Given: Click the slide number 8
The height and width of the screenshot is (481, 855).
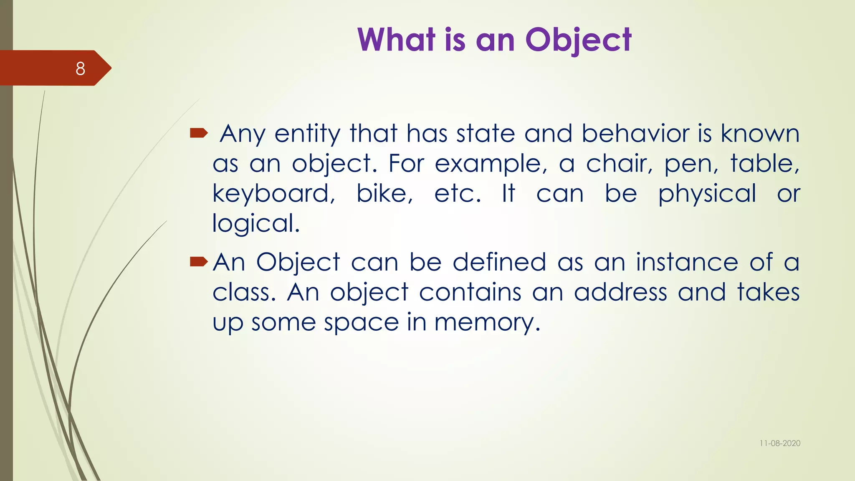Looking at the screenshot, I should pos(80,68).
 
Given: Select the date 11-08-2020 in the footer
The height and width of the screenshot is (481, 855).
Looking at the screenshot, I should pos(780,443).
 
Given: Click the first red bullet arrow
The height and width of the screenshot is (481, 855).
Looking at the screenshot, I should pos(199,133).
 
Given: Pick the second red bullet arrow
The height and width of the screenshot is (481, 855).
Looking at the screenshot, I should pos(199,262).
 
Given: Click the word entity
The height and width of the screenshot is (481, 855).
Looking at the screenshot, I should pos(307,134).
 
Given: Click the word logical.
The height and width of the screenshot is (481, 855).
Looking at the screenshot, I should pos(256,224).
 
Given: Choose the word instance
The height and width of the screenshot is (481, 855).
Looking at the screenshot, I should pos(687,262).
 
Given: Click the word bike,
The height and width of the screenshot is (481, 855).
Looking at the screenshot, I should pos(384,194).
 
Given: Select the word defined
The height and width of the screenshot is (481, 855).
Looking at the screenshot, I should pos(499,262).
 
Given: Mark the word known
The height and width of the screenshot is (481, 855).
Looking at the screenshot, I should pos(760,134).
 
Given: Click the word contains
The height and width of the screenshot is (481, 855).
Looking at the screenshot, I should pos(470,292).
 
